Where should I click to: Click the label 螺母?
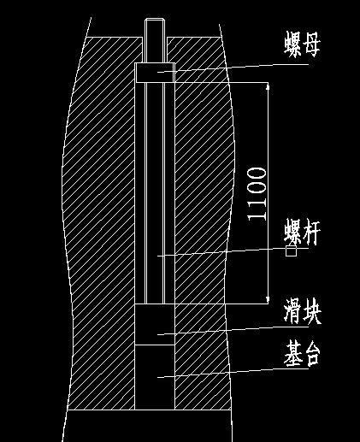[302, 44]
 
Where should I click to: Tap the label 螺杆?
[302, 233]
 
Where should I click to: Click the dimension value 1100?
[257, 194]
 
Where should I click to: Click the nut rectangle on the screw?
[155, 73]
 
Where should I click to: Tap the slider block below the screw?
[155, 324]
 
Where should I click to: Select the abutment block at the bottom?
[155, 377]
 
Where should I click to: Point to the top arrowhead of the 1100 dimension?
[268, 85]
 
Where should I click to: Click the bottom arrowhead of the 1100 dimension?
[268, 300]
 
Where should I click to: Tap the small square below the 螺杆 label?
[291, 251]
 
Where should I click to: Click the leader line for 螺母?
[233, 68]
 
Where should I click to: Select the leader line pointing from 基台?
[233, 373]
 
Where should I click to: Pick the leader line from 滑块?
[233, 331]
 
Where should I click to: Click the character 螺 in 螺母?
[292, 44]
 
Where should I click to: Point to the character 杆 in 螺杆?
[311, 233]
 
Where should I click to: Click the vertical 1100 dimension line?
[268, 193]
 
